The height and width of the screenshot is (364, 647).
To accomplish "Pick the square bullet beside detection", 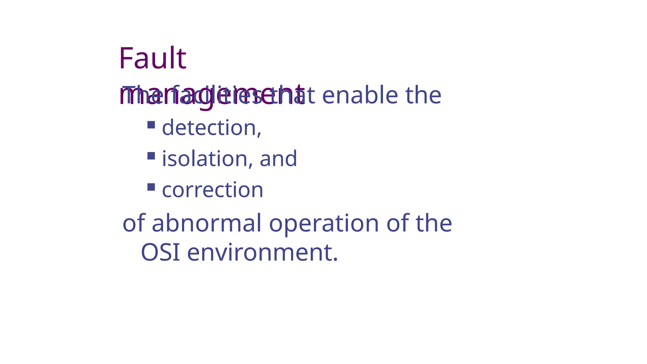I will point(151,125).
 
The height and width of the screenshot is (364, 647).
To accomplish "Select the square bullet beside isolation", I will point(151,156).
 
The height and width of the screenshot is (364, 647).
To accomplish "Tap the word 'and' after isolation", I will point(278,159).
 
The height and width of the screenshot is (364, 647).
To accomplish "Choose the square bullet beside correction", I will point(151,187).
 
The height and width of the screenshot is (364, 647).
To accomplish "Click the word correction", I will point(213,190).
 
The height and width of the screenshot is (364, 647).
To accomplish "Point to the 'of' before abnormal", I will point(134,223).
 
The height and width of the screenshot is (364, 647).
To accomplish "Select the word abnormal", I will point(207,223).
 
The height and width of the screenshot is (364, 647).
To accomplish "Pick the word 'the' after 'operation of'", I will point(434,223).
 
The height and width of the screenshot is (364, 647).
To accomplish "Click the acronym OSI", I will point(160,252).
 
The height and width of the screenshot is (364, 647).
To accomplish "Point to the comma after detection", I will point(259,135).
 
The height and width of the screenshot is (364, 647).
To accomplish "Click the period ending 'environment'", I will point(335,260).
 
